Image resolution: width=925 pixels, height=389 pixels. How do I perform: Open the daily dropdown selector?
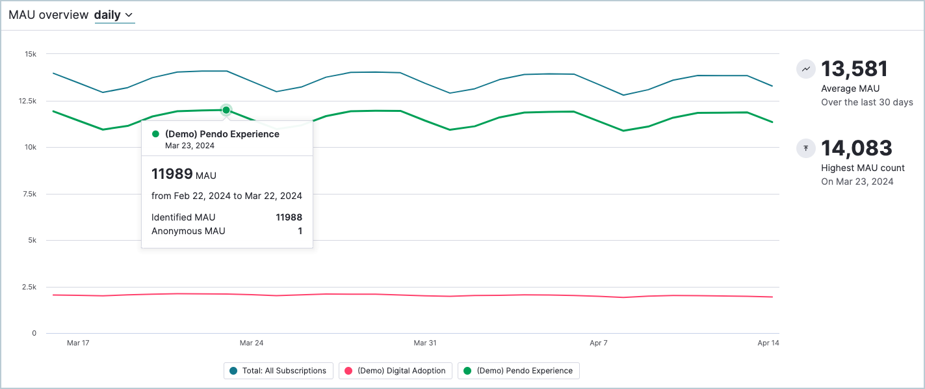coord(114,15)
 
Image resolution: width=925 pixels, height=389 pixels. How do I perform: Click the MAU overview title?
coord(48,15)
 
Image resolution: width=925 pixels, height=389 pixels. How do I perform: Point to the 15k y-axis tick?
coord(31,54)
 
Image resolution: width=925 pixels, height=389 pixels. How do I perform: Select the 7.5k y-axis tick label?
coord(29,194)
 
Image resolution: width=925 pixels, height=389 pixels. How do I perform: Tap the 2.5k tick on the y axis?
coord(29,287)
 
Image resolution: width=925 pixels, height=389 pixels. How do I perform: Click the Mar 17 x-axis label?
coord(78,343)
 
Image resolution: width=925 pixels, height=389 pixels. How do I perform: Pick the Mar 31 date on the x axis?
coord(425,343)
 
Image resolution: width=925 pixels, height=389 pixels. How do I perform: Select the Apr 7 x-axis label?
coord(599,343)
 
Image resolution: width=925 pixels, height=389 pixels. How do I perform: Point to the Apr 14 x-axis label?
coord(768,343)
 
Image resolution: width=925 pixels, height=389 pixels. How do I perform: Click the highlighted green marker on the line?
coord(226,110)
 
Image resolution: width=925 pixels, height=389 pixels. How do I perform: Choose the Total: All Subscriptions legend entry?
coord(278,371)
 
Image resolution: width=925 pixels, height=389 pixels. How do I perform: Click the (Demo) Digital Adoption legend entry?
coord(395,371)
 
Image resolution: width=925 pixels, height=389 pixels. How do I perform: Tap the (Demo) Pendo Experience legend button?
coord(518,371)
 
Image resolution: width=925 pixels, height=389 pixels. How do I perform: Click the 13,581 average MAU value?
coord(854,69)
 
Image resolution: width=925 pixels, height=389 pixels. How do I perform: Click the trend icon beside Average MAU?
coord(806,68)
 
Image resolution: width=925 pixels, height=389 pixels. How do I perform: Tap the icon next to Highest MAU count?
coord(806,148)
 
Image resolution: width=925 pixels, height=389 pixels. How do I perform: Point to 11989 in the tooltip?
coord(172,174)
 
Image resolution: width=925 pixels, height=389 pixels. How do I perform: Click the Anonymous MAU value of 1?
coord(300,231)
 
